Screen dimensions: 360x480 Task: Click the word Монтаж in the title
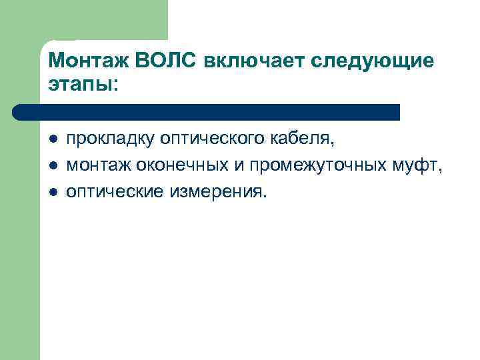tap(89, 61)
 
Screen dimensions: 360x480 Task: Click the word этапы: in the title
tap(83, 85)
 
